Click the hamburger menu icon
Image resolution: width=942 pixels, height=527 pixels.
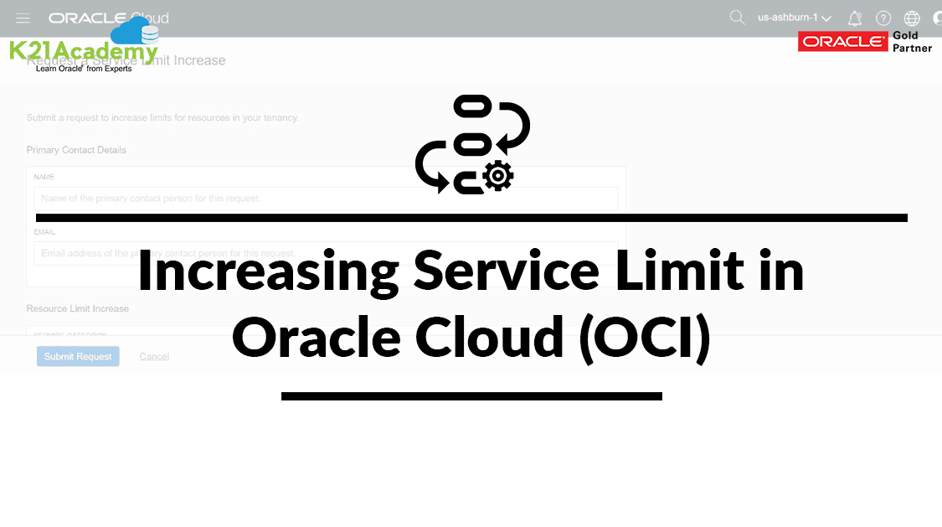pos(23,18)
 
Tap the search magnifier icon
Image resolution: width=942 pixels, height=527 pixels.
pos(737,18)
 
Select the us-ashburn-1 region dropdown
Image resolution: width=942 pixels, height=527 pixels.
pos(794,18)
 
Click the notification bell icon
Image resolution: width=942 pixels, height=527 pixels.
pos(855,18)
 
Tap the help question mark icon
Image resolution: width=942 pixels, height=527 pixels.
pos(883,18)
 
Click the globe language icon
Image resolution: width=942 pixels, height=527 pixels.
pos(912,18)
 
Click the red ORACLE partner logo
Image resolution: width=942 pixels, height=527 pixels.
pos(842,42)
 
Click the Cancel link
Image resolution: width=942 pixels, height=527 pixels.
pos(154,357)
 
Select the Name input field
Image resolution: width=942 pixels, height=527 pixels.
pos(326,199)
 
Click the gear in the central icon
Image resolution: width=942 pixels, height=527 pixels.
pos(498,175)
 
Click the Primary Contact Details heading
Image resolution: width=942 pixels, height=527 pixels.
pos(76,150)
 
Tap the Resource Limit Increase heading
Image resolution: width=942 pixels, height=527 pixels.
pos(78,308)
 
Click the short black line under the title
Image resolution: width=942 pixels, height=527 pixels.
pos(471,396)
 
